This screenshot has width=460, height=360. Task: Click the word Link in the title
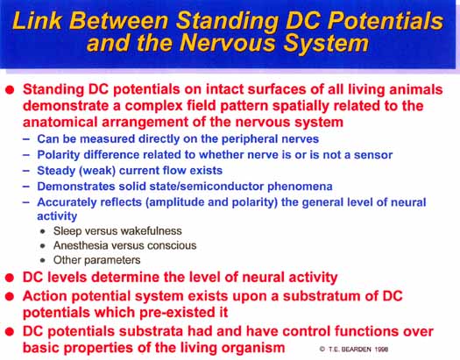coord(37,20)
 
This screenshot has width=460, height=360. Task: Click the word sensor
coord(373,155)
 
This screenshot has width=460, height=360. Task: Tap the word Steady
coord(56,171)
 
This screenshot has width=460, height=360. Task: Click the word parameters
coord(112,260)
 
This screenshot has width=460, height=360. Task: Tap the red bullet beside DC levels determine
coord(10,278)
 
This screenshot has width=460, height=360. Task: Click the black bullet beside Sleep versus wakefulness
coord(43,231)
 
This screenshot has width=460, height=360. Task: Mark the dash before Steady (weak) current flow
coord(26,170)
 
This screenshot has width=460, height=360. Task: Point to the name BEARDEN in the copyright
coord(356,349)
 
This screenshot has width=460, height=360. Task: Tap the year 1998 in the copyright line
coord(381,349)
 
